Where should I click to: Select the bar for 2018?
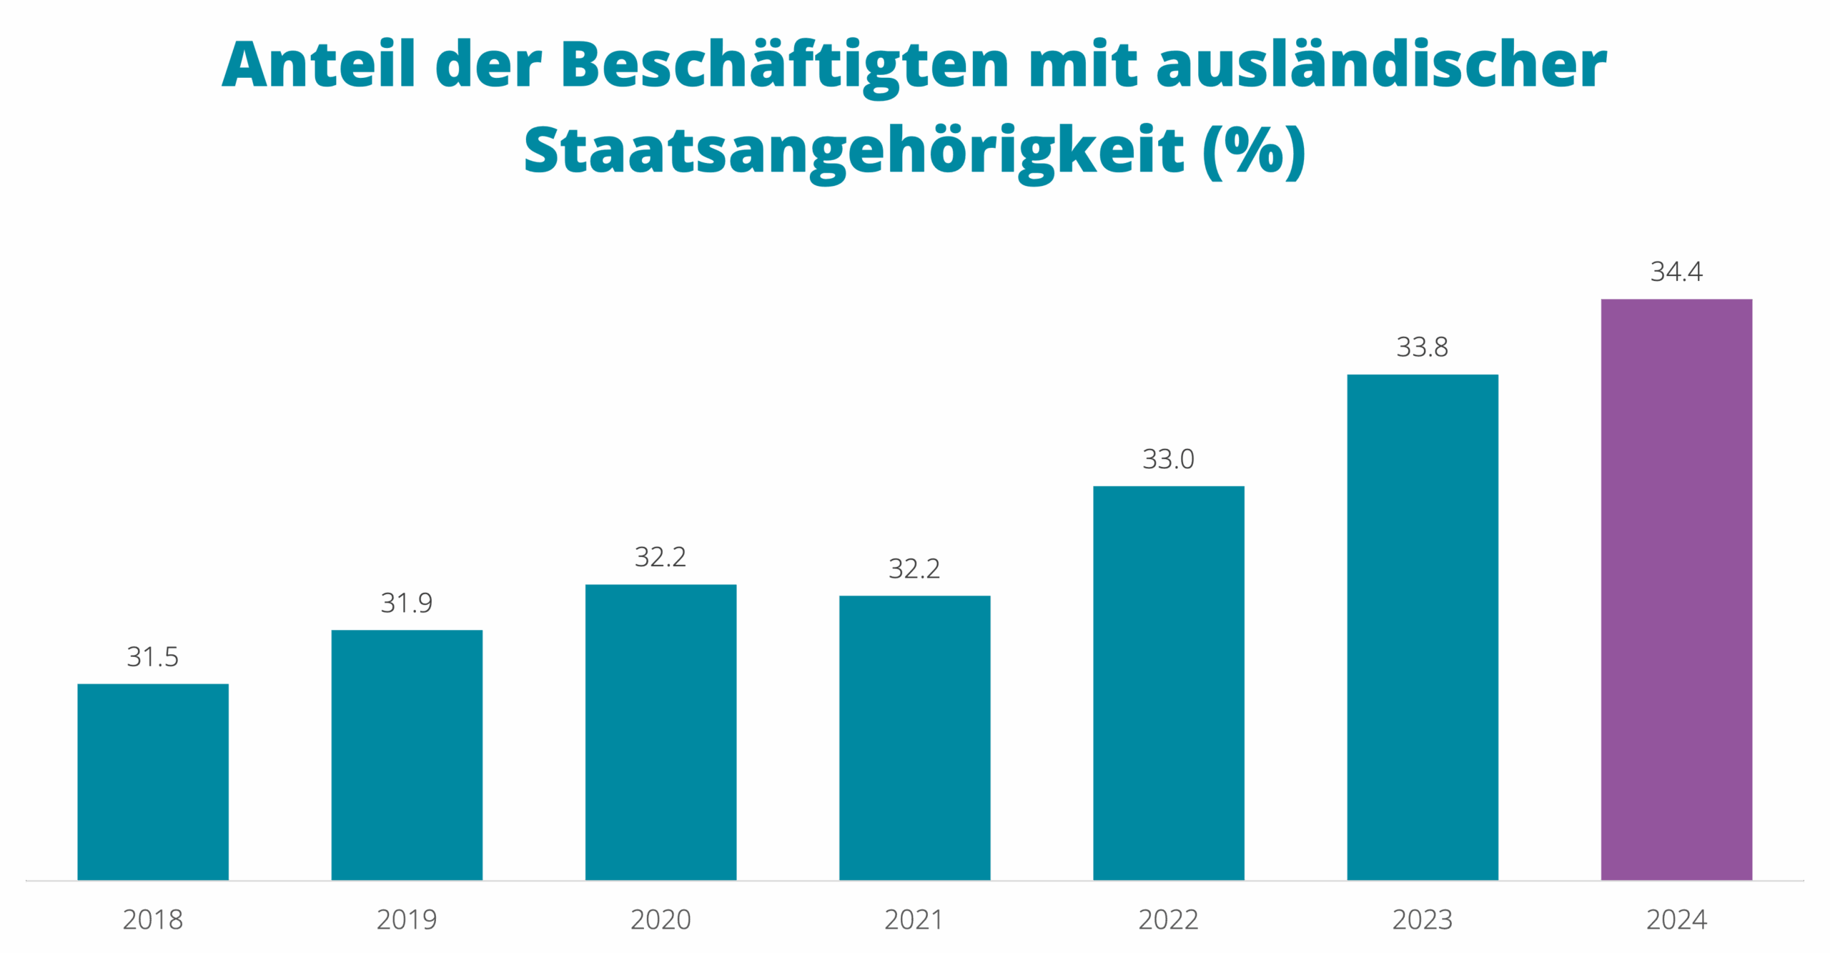[153, 781]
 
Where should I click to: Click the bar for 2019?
[407, 754]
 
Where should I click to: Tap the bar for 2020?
[661, 731]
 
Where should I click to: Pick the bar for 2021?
[914, 737]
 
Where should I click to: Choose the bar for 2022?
[1169, 682]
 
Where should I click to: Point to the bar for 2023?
[1423, 626]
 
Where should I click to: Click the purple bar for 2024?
[1676, 589]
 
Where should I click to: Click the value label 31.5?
[152, 656]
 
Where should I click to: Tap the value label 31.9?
[407, 603]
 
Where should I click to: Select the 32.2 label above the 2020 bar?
[661, 557]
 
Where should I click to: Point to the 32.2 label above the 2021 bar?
[914, 568]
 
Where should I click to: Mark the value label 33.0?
[1169, 458]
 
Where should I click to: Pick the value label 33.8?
[1423, 347]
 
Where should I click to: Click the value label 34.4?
[1676, 271]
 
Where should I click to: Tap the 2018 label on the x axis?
[153, 919]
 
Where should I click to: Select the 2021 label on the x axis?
[914, 919]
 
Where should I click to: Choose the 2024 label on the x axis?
[1676, 919]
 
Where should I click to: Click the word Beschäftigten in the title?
[785, 66]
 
